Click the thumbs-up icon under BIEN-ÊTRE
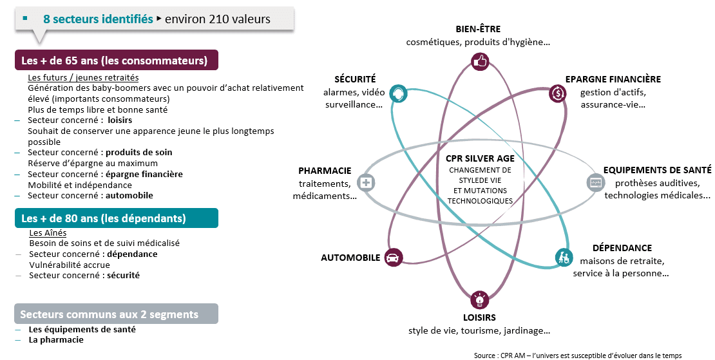(x=480, y=61)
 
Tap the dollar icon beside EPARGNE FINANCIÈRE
(x=557, y=93)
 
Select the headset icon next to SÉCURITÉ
(x=398, y=93)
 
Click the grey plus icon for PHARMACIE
(x=366, y=183)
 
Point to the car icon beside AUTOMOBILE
(x=392, y=258)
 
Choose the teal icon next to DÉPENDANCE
(x=564, y=258)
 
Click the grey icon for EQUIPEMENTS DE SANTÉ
(x=595, y=183)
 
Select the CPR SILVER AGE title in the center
(x=480, y=158)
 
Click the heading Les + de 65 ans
(x=114, y=61)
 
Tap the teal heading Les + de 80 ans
(x=104, y=218)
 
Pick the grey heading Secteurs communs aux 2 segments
(x=110, y=314)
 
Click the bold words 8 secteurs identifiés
(x=98, y=19)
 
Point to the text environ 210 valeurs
(x=218, y=19)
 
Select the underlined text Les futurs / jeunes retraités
(x=83, y=78)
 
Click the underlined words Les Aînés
(x=48, y=233)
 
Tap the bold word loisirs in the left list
(x=120, y=120)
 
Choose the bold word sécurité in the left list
(x=123, y=275)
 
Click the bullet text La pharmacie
(x=56, y=339)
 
